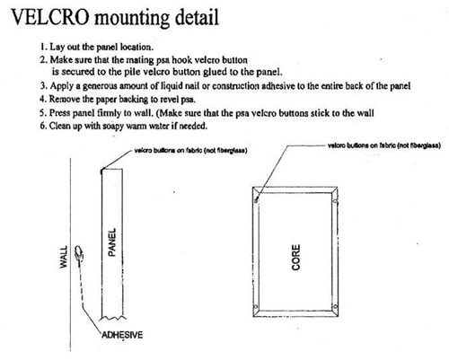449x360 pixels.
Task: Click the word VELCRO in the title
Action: tap(50, 17)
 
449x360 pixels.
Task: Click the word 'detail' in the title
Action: tap(197, 17)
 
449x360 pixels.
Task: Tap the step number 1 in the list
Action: tap(44, 47)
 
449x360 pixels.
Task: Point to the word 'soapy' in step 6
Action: tap(113, 126)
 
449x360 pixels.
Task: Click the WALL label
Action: tap(64, 257)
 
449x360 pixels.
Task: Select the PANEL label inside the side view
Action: tap(111, 242)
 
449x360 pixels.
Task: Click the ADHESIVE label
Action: tap(122, 335)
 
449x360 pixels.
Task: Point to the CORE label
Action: tap(295, 258)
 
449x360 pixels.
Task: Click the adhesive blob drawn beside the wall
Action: tap(79, 253)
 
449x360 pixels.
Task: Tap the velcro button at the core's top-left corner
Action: tap(256, 200)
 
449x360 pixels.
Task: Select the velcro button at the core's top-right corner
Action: tap(335, 201)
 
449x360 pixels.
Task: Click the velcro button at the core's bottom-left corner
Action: tap(255, 307)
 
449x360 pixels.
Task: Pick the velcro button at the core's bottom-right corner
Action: tap(335, 307)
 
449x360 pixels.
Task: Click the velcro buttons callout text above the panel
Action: tap(191, 151)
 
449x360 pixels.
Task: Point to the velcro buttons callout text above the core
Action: tap(384, 145)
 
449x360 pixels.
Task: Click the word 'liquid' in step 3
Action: tap(172, 86)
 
